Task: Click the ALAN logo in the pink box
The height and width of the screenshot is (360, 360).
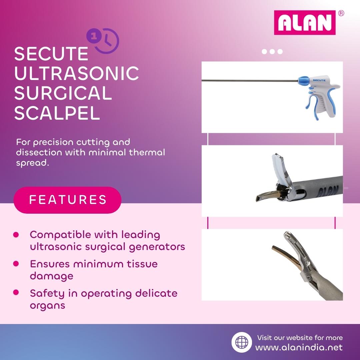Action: point(305,23)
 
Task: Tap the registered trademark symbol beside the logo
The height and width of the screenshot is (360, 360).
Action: point(341,13)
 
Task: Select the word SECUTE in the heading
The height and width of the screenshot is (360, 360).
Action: point(51,54)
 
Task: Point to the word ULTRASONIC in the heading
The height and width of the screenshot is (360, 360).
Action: point(77,73)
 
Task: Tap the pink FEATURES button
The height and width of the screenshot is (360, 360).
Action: point(68,200)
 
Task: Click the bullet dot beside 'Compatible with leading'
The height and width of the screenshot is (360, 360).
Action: point(16,235)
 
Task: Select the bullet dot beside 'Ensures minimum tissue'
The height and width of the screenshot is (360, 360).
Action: point(16,264)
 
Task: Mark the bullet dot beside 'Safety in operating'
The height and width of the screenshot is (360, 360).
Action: point(16,293)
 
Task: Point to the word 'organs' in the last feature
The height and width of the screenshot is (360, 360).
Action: point(47,305)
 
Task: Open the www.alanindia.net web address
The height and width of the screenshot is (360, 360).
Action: point(299,347)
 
